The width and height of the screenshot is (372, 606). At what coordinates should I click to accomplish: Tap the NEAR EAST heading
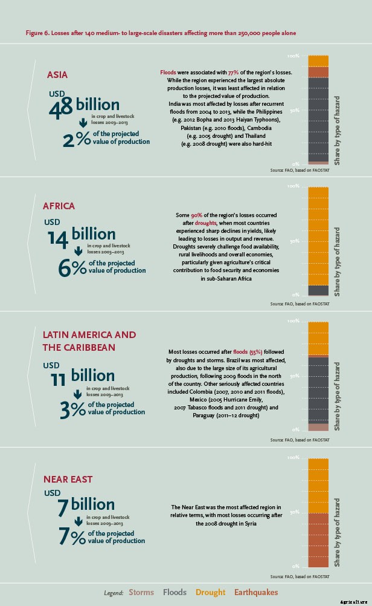(68, 479)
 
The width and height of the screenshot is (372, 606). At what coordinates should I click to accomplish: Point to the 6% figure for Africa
(72, 268)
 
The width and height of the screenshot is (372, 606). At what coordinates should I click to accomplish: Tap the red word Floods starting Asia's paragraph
(168, 72)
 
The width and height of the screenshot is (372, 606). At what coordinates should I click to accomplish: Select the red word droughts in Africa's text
(206, 223)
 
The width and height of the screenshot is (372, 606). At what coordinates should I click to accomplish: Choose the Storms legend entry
(141, 593)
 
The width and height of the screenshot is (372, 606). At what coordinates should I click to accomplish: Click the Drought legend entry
(211, 593)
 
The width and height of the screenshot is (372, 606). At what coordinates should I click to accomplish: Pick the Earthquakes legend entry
(256, 593)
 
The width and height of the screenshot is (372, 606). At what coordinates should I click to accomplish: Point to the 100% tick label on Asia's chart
(293, 56)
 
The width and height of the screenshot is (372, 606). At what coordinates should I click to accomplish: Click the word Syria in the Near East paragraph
(251, 524)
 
